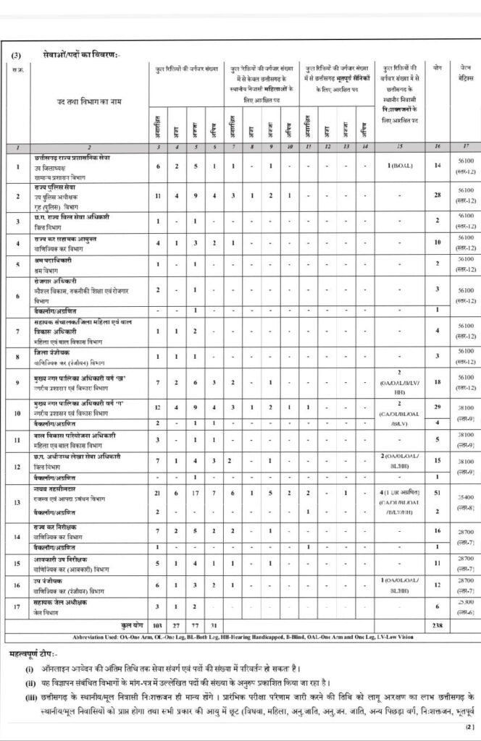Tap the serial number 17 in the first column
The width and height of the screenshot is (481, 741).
point(17,604)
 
